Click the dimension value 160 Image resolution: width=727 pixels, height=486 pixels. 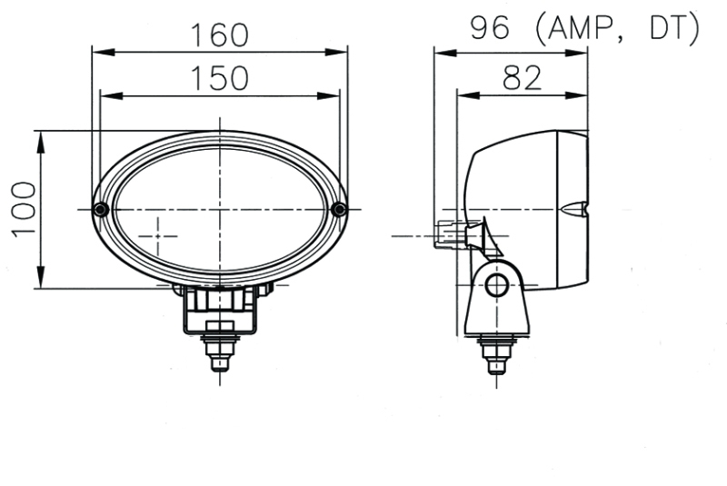coord(219,35)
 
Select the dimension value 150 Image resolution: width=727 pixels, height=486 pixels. coord(219,79)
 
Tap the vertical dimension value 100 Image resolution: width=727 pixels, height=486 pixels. coord(24,209)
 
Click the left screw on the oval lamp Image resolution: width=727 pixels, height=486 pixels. coord(101,210)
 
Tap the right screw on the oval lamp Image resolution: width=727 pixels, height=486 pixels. coord(339,210)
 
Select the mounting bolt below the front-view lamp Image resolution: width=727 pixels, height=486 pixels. coord(219,350)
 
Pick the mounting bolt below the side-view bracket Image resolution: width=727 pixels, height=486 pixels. coord(495,353)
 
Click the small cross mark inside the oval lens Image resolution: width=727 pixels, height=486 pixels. coord(160,235)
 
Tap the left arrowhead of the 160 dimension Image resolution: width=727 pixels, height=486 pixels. coord(99,52)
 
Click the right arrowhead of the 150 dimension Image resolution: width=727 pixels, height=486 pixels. coord(333,94)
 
